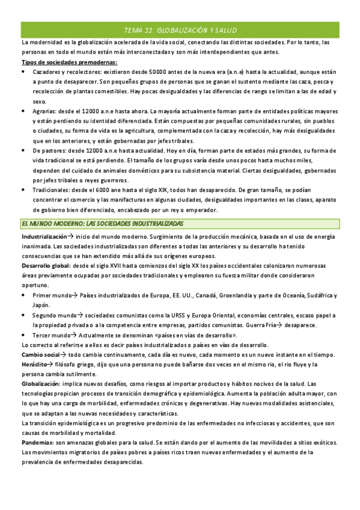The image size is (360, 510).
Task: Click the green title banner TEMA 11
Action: pyautogui.click(x=180, y=29)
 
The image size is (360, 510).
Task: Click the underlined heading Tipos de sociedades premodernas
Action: pyautogui.click(x=69, y=62)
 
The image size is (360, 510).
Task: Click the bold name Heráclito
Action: pyautogui.click(x=37, y=364)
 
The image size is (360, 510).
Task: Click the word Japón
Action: pyautogui.click(x=41, y=305)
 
